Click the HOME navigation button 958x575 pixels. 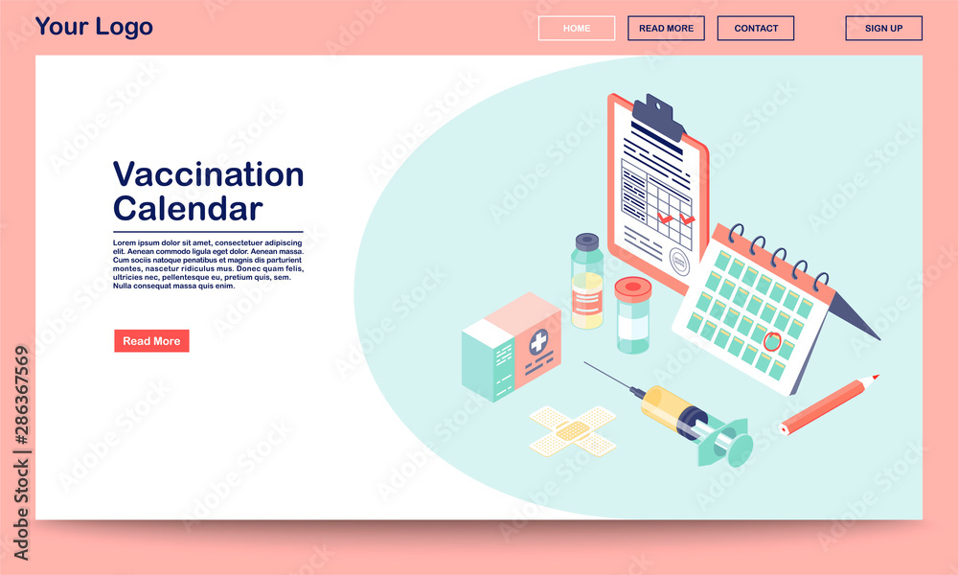pyautogui.click(x=577, y=29)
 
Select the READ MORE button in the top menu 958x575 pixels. pyautogui.click(x=666, y=29)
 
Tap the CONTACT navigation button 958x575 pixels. pyautogui.click(x=756, y=29)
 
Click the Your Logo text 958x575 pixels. pyautogui.click(x=94, y=27)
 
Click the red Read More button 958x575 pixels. pyautogui.click(x=151, y=341)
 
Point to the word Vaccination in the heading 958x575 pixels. pyautogui.click(x=208, y=174)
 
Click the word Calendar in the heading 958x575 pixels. pyautogui.click(x=188, y=208)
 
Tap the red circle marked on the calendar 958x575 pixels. pyautogui.click(x=772, y=339)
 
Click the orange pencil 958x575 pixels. pyautogui.click(x=830, y=403)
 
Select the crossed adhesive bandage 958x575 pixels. pyautogui.click(x=573, y=430)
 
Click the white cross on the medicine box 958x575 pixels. pyautogui.click(x=539, y=341)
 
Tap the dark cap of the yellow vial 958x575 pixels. pyautogui.click(x=587, y=241)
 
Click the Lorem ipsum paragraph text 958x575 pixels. pyautogui.click(x=207, y=264)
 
